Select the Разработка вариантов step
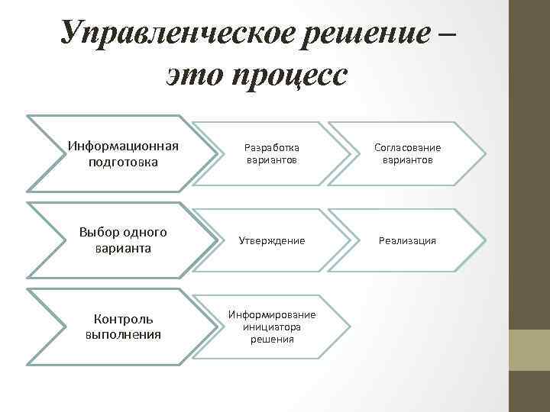pos(273,153)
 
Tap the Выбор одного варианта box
pos(123,240)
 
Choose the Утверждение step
pos(273,240)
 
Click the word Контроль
pos(123,319)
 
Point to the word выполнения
pos(123,334)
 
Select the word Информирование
pos(273,315)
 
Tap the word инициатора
pos(273,327)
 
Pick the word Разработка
pos(273,147)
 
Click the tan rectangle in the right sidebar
pos(530,349)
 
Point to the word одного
pos(142,232)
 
